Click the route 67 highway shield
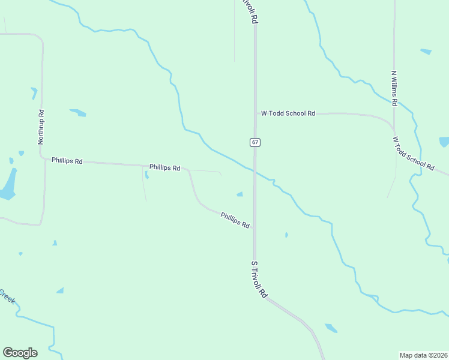[x=255, y=142]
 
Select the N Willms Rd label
[x=394, y=89]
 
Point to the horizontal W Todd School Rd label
[x=288, y=113]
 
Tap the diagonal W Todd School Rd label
[x=413, y=154]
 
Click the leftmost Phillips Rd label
[x=67, y=161]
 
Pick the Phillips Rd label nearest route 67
[x=235, y=220]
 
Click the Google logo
[x=20, y=353]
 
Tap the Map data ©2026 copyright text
[x=423, y=355]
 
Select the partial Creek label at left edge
[x=7, y=296]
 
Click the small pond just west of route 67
[x=240, y=194]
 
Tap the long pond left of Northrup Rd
[x=8, y=184]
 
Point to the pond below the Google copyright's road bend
[x=331, y=328]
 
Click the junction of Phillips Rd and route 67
[x=255, y=228]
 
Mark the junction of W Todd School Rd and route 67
[x=255, y=113]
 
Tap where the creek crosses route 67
[x=255, y=171]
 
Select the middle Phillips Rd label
[x=164, y=168]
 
